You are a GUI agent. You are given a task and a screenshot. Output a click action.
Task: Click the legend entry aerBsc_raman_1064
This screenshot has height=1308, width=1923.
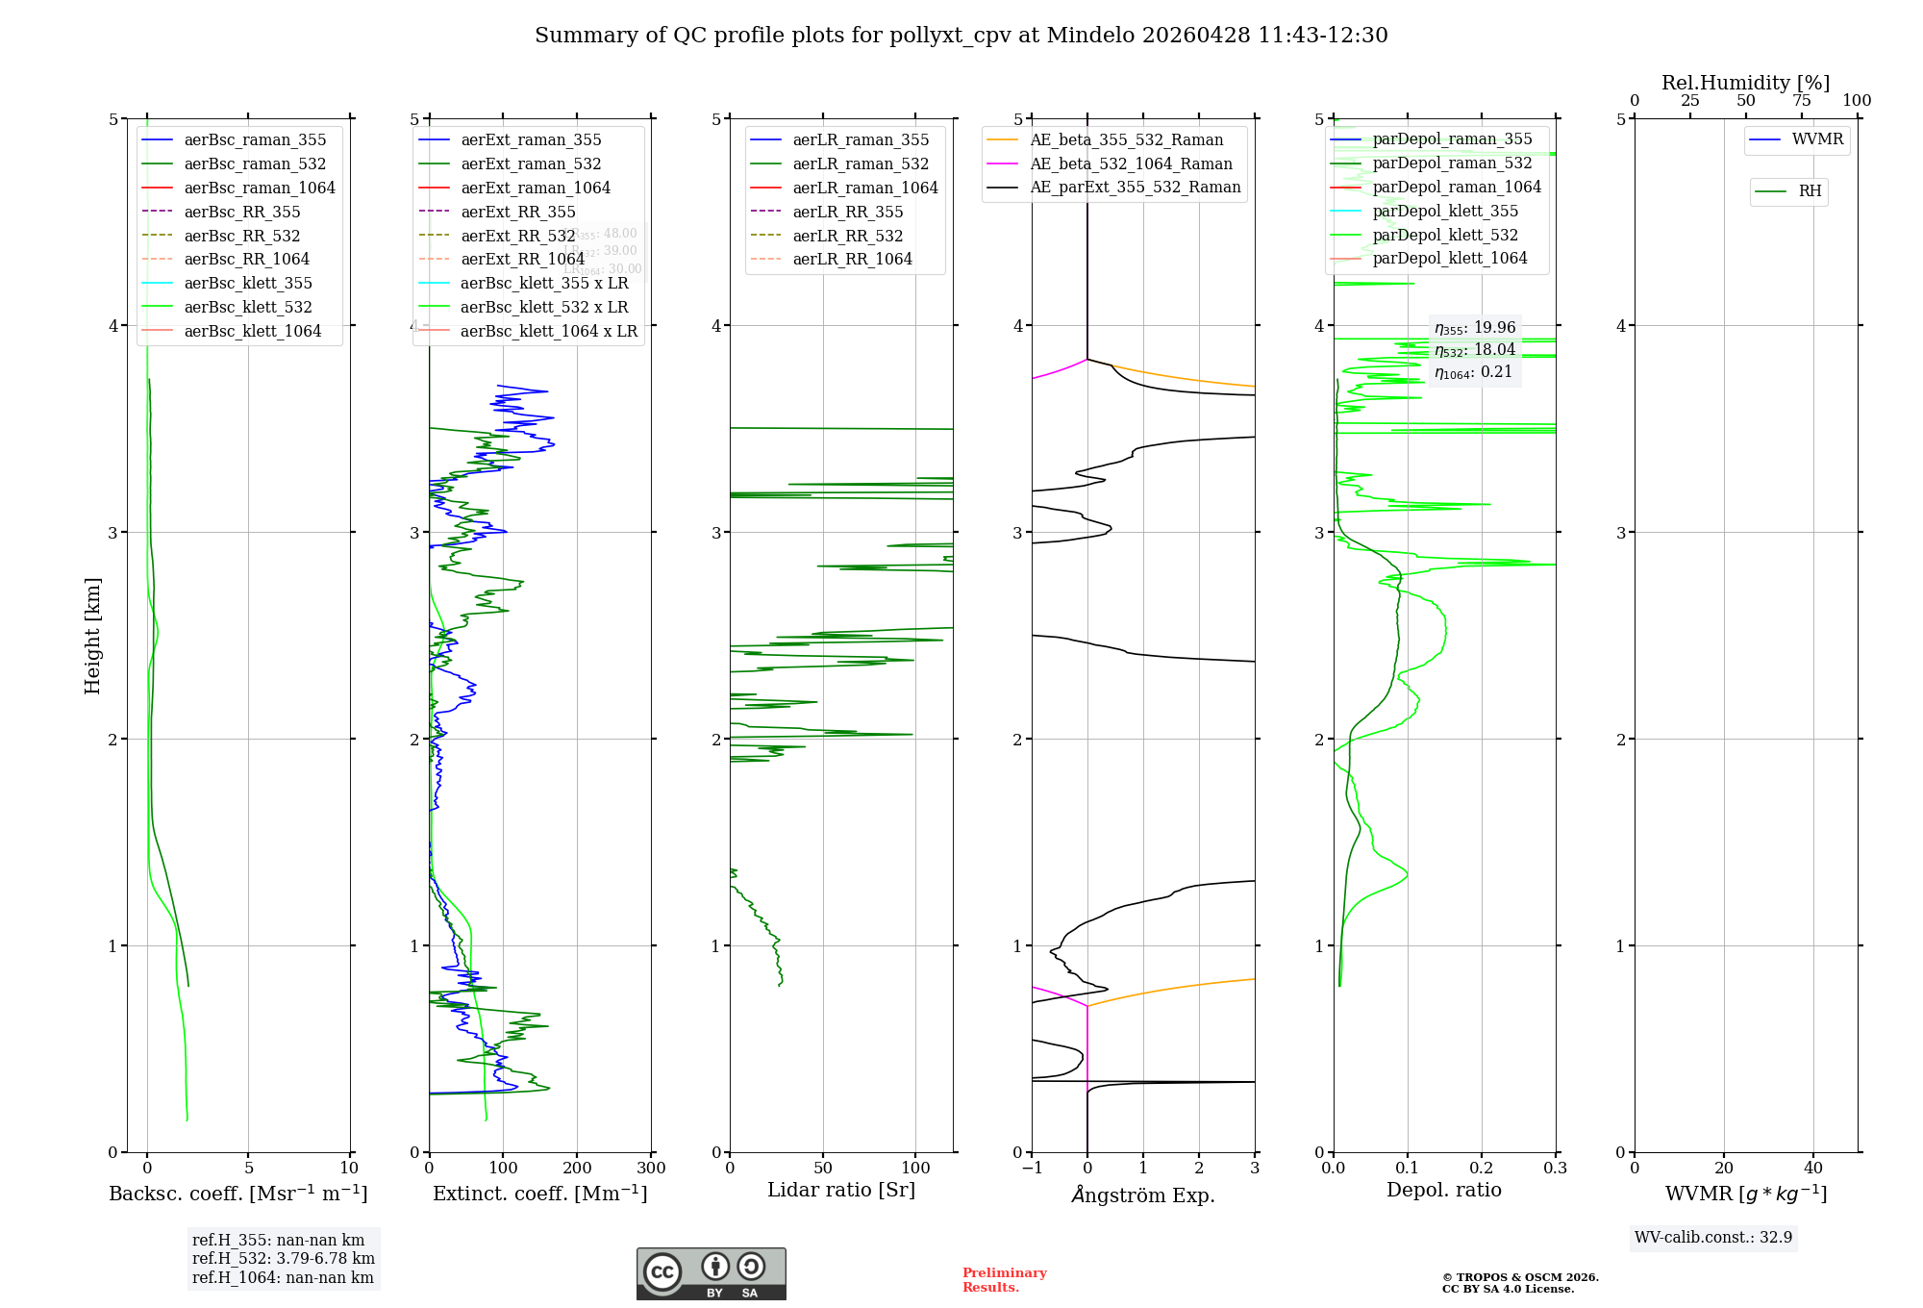(x=260, y=188)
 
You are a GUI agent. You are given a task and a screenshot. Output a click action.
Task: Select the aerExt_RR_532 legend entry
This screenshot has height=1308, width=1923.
(x=517, y=236)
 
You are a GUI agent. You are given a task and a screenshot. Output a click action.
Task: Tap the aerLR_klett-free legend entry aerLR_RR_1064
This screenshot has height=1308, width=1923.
(x=852, y=259)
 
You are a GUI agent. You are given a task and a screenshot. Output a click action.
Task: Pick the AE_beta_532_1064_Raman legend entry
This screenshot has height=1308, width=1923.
(x=1131, y=163)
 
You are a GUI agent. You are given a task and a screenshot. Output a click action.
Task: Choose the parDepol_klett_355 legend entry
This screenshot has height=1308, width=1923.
(x=1445, y=211)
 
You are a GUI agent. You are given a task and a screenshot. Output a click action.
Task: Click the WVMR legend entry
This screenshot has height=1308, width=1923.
(x=1817, y=139)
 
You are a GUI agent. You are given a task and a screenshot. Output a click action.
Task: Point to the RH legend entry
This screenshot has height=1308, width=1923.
(x=1810, y=191)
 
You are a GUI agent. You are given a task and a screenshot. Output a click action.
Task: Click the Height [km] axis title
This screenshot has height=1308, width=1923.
(x=92, y=636)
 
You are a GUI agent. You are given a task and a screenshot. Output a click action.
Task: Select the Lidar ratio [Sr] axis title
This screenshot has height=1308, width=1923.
(x=841, y=1190)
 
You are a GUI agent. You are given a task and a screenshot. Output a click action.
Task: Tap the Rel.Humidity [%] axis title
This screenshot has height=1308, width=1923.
(x=1745, y=83)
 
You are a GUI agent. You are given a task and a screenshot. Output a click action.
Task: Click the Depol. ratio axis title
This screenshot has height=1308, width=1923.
(x=1443, y=1190)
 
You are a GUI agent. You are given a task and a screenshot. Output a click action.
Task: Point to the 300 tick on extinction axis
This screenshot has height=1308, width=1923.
(x=652, y=1169)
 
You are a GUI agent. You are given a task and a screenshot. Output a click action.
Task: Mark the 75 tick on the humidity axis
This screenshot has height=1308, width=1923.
(x=1801, y=101)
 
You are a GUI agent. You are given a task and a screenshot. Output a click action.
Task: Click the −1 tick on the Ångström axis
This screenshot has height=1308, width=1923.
(x=1032, y=1169)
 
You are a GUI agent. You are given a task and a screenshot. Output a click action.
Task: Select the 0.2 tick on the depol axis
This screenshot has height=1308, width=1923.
(x=1482, y=1169)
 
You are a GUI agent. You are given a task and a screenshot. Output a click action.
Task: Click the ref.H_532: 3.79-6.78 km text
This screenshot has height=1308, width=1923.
(x=283, y=1259)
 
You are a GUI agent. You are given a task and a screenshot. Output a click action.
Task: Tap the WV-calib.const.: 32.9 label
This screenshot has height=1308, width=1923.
(x=1713, y=1238)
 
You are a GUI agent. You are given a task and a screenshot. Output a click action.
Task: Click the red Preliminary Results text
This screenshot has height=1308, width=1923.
(x=1004, y=1280)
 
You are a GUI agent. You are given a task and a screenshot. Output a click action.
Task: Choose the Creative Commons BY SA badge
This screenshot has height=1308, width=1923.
(x=711, y=1274)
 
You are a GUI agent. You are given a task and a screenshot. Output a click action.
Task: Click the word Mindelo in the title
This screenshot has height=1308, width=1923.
(x=1089, y=36)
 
